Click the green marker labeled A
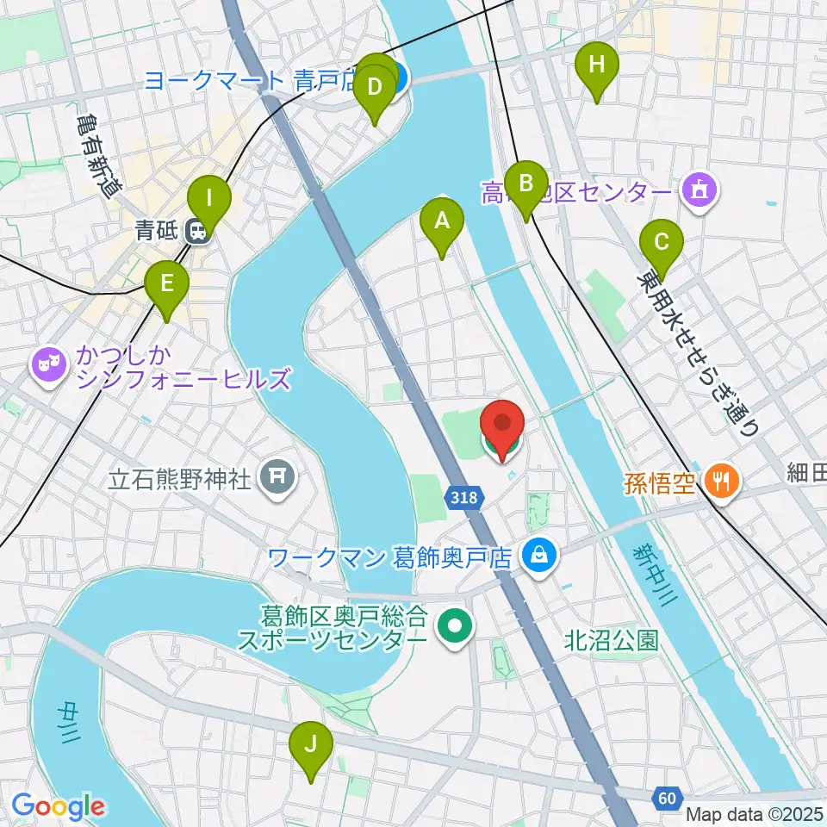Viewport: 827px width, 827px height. (441, 222)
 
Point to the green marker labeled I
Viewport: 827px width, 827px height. (209, 199)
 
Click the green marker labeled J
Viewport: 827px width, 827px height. (311, 744)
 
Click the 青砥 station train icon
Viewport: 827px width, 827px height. (199, 231)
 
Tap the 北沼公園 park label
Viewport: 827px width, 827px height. (612, 640)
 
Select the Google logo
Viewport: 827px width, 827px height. (59, 806)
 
